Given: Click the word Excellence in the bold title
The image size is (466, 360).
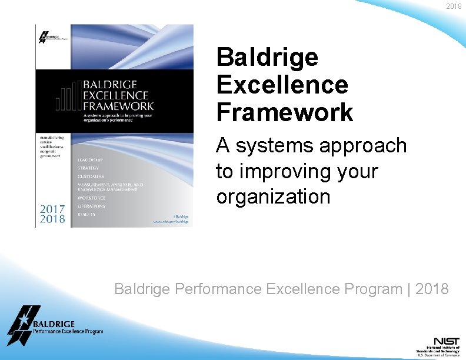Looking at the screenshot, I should pyautogui.click(x=282, y=85).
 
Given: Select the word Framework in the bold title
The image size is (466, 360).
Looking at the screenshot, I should pyautogui.click(x=285, y=112).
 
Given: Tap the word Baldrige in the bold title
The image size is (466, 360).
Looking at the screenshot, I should pyautogui.click(x=267, y=58).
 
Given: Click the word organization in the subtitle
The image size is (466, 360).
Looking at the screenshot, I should pyautogui.click(x=273, y=196).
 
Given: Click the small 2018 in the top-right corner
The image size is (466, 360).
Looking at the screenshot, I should pyautogui.click(x=454, y=6).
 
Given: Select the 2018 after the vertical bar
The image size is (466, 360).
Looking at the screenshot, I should pyautogui.click(x=432, y=289).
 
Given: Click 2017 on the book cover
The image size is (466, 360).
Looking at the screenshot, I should pyautogui.click(x=52, y=208).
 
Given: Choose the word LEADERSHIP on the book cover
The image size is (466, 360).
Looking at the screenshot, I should pyautogui.click(x=90, y=160).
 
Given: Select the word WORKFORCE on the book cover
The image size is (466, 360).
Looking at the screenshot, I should pyautogui.click(x=91, y=198).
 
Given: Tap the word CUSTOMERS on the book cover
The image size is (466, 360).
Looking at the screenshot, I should pyautogui.click(x=91, y=176).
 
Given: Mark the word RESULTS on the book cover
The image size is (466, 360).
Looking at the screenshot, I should pyautogui.click(x=86, y=214).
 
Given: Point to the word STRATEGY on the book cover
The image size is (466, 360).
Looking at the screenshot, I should pyautogui.click(x=88, y=168).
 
